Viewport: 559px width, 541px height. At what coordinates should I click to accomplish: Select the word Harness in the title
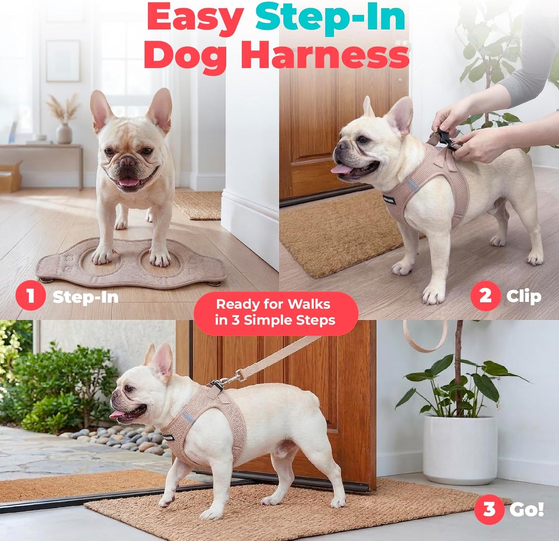(325, 54)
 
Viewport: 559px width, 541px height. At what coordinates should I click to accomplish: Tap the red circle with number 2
(485, 296)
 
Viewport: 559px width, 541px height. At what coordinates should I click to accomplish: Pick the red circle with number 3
(489, 509)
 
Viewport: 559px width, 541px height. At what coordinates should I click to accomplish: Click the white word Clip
(524, 297)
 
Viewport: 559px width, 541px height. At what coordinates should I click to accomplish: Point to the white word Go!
(527, 509)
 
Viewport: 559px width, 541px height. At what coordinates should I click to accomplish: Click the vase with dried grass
(63, 133)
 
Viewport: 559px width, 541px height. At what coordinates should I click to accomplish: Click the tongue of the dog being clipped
(341, 169)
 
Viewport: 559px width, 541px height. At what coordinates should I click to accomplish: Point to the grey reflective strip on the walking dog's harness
(188, 418)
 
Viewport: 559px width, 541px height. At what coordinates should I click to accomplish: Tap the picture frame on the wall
(63, 61)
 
